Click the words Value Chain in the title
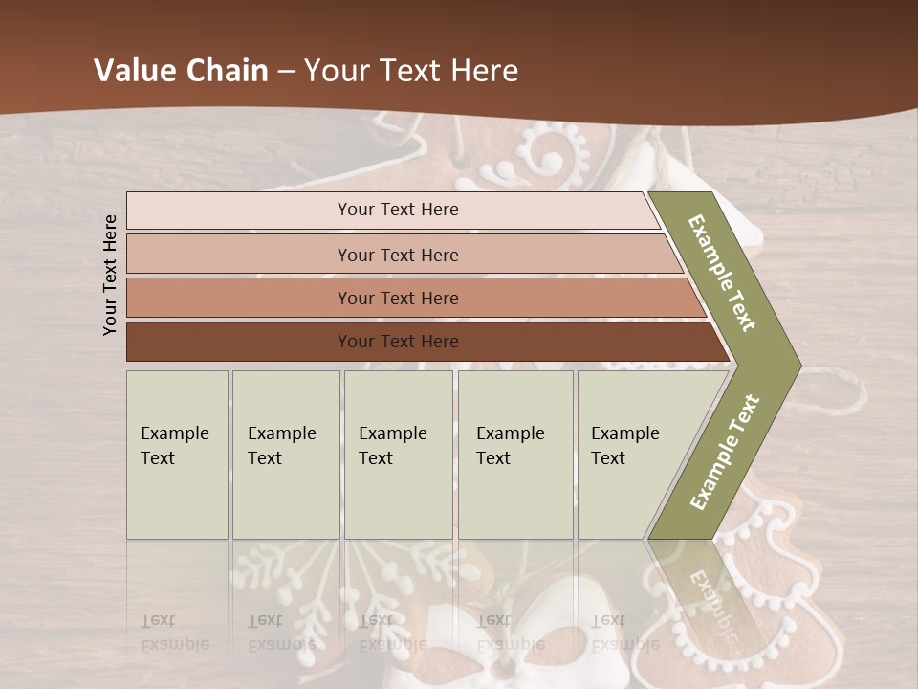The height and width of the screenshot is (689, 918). [181, 71]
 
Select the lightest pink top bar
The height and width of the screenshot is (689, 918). [239, 211]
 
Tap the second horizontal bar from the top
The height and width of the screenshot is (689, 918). [239, 255]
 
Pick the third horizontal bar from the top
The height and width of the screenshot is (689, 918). [239, 298]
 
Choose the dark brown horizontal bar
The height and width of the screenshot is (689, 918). [239, 342]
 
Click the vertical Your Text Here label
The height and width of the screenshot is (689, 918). [110, 275]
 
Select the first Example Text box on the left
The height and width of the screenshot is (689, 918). [177, 455]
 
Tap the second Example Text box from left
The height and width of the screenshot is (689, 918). [285, 455]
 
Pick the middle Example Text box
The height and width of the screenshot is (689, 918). [398, 455]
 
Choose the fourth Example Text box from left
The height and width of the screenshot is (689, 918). [514, 455]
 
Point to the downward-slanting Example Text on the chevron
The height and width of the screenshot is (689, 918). [722, 273]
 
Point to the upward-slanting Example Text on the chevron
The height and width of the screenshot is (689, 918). [725, 452]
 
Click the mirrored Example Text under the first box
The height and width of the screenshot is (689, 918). [175, 633]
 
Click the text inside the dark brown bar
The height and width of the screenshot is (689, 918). [398, 342]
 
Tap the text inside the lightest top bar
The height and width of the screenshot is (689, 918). [398, 210]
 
